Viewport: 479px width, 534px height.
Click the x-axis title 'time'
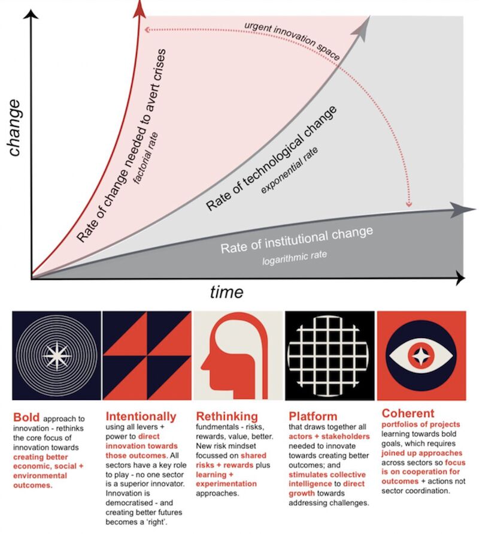(x=226, y=292)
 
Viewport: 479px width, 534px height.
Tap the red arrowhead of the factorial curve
(x=140, y=7)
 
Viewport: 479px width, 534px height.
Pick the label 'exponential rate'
(x=290, y=174)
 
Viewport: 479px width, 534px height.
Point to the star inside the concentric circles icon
(x=57, y=355)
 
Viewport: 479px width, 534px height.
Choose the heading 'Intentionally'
(x=141, y=415)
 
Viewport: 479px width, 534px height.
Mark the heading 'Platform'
(x=313, y=415)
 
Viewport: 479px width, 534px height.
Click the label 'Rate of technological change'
(x=271, y=158)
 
